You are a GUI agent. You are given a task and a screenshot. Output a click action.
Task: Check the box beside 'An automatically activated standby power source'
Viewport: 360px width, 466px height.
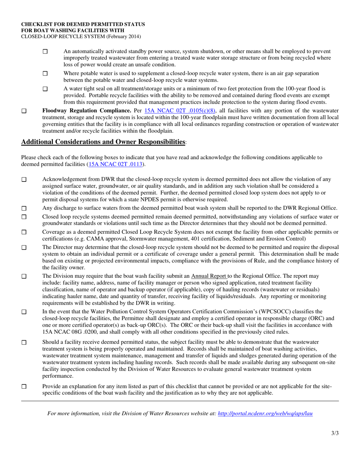pos(45,52)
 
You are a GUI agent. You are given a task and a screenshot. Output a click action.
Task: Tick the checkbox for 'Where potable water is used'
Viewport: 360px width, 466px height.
pos(45,73)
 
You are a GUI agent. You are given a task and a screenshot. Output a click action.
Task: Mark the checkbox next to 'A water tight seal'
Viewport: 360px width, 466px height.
pos(45,89)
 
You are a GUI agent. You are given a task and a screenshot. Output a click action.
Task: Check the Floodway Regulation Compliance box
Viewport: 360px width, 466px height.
pos(24,111)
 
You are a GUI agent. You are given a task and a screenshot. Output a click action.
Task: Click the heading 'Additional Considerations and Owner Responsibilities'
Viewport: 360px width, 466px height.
pos(103,142)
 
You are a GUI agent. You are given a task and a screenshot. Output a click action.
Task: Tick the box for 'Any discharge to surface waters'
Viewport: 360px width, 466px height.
pos(24,208)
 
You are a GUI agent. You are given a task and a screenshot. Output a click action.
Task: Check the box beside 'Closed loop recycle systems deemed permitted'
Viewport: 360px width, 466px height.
pos(24,217)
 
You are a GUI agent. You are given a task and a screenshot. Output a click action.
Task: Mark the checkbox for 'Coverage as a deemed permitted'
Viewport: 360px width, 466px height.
pos(24,232)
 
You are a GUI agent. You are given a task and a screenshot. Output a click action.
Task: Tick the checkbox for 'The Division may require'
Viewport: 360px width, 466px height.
pos(24,276)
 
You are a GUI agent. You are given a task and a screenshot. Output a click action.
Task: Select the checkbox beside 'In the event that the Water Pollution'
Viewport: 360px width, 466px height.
pos(24,312)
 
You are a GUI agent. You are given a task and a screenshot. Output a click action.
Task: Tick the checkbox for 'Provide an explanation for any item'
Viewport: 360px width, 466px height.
pos(24,386)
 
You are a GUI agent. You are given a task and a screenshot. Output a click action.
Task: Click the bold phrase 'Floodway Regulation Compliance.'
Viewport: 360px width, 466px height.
pos(86,111)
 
